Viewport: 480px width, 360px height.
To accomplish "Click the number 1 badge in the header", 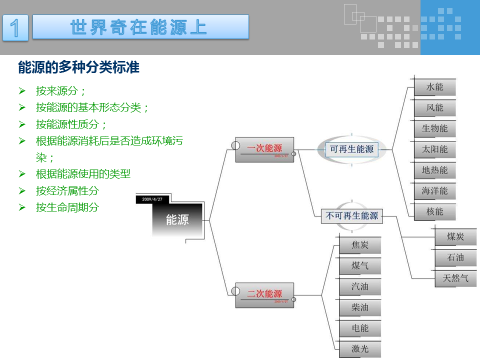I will tap(15, 27).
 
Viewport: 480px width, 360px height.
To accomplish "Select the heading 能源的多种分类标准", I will tap(78, 67).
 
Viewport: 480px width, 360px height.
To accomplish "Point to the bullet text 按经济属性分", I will tap(67, 190).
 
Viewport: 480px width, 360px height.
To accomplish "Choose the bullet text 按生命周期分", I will tap(67, 207).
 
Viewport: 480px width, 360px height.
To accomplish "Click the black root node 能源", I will tap(177, 219).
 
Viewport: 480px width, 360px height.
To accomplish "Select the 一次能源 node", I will tap(264, 149).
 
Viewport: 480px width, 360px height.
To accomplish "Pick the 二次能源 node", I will tap(264, 294).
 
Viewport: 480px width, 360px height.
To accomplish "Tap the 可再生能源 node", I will tap(352, 149).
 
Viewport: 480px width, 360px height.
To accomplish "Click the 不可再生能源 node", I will tap(352, 216).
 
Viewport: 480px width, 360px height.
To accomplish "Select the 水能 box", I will tap(435, 87).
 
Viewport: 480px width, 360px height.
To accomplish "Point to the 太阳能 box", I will tap(435, 149).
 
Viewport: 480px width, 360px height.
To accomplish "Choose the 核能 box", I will tap(435, 211).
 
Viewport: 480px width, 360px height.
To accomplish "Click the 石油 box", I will tap(455, 257).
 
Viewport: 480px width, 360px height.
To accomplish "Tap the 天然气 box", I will tap(455, 278).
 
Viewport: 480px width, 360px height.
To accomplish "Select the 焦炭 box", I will tap(360, 245).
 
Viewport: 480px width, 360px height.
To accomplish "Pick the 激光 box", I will tap(360, 349).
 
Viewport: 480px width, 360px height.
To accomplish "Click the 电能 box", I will tap(360, 328).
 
